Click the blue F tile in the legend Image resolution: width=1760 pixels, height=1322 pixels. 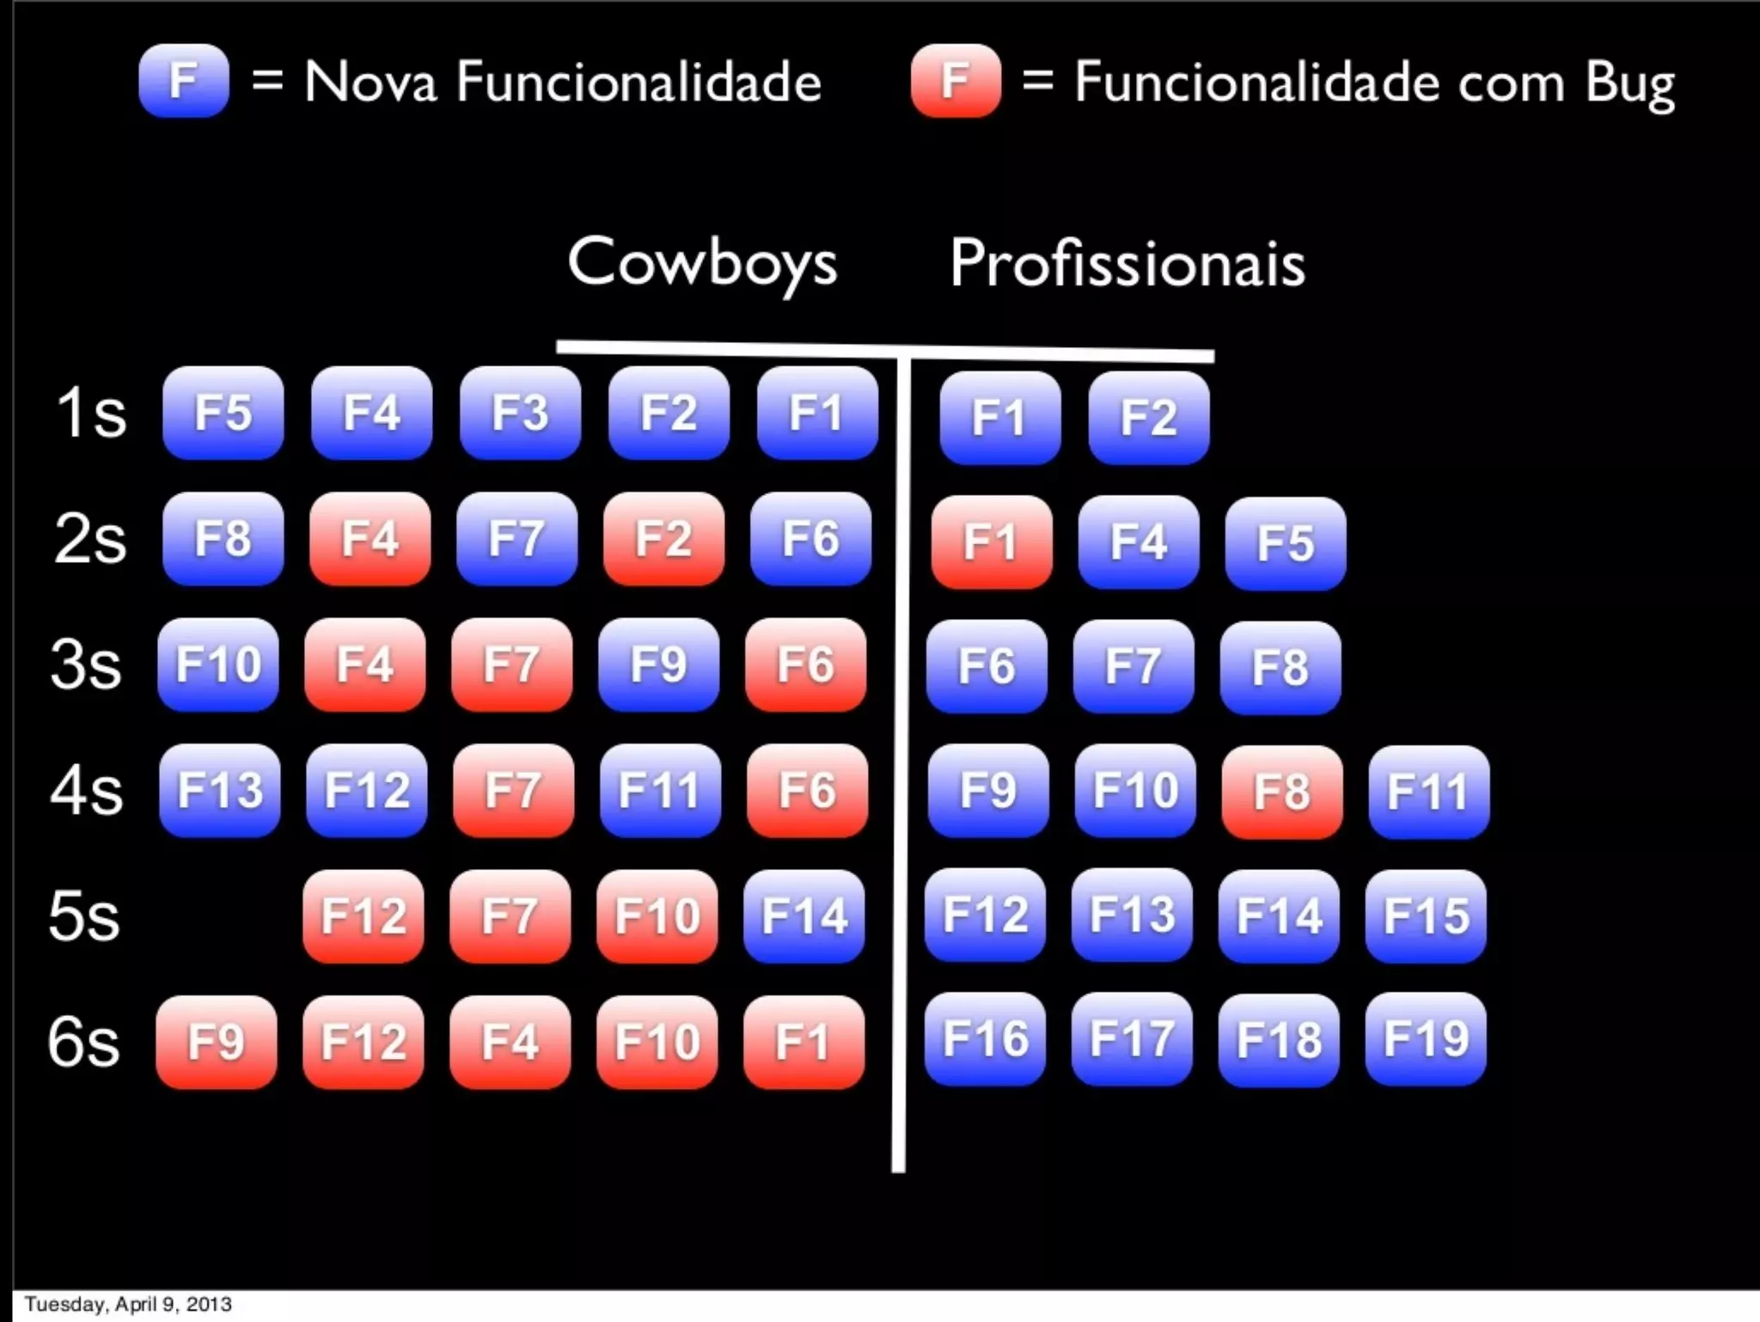(183, 81)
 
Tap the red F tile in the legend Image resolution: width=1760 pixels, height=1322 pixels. (956, 81)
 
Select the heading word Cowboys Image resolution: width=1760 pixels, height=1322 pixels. (702, 262)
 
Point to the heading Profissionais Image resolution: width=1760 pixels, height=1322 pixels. (1127, 263)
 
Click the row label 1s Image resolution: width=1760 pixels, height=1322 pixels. (90, 413)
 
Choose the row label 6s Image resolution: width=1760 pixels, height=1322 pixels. (83, 1042)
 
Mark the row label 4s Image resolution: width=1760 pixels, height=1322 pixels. (86, 790)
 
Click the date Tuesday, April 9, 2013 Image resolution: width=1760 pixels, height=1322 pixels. (128, 1304)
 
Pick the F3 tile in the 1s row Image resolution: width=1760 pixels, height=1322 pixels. (520, 413)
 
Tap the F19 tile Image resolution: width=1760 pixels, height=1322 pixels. (1426, 1039)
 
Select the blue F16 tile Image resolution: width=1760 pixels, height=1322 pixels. (985, 1038)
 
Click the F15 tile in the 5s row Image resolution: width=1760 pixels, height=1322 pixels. (1426, 915)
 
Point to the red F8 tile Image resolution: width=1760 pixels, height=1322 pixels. (1281, 792)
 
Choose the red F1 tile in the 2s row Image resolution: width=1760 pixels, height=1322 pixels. (991, 542)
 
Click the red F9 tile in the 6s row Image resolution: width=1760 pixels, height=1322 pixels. (216, 1042)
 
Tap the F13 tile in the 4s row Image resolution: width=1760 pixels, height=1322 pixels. (220, 790)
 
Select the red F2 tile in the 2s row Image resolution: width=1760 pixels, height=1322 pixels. (663, 539)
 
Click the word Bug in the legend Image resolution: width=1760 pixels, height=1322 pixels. (1629, 84)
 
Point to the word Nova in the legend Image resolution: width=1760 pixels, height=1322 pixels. (370, 83)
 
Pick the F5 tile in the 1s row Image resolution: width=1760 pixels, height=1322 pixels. (223, 413)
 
